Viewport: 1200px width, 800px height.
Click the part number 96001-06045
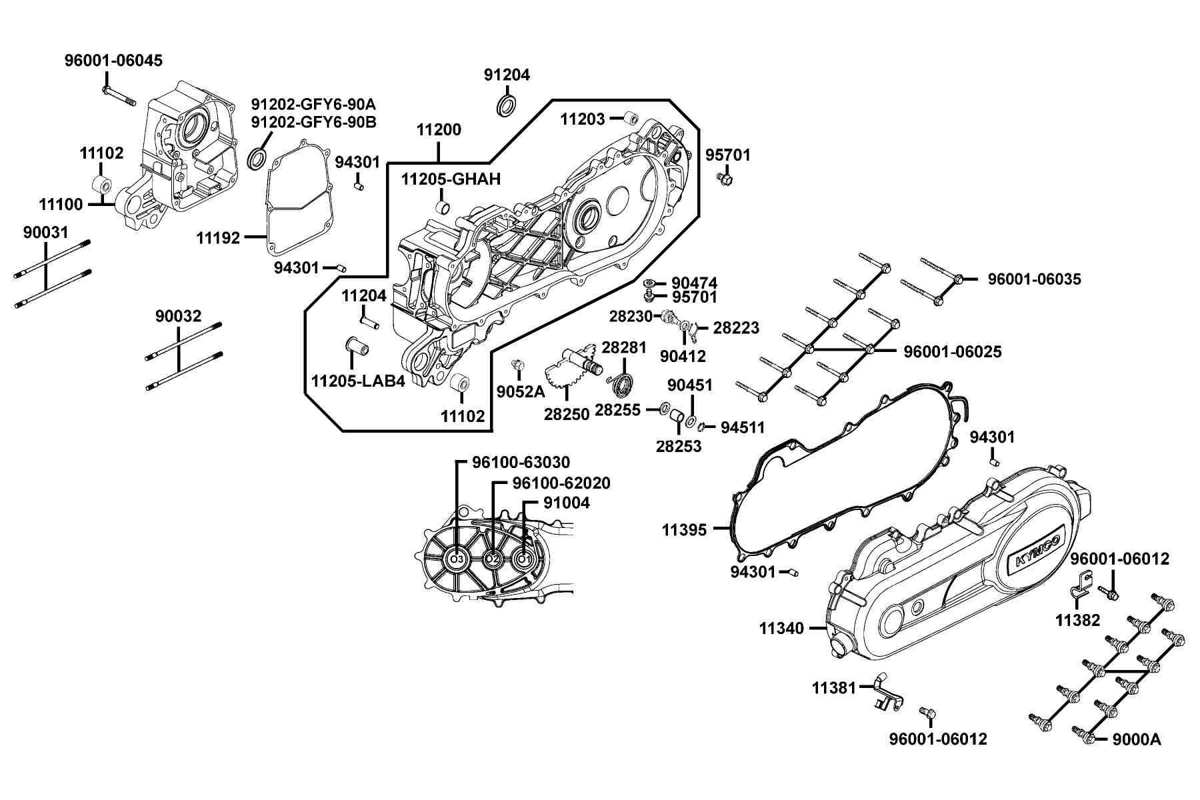tap(113, 61)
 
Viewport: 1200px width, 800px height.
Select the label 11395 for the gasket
tap(684, 530)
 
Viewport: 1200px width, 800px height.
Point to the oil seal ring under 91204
tap(507, 105)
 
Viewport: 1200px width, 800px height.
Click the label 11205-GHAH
tap(451, 179)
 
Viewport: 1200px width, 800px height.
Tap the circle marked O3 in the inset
tap(457, 559)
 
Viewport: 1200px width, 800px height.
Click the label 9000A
tap(1137, 739)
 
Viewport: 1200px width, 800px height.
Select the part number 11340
tap(781, 628)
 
